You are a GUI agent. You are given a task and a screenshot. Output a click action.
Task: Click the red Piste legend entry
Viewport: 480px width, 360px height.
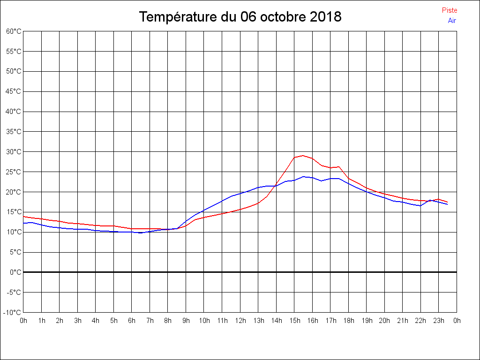[x=449, y=10]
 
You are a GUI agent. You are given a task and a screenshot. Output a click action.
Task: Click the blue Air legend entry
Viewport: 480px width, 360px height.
[x=452, y=20]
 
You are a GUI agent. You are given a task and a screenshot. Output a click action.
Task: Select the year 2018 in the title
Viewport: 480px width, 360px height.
[x=326, y=17]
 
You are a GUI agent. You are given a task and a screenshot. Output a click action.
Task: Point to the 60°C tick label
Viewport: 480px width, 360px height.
[x=14, y=31]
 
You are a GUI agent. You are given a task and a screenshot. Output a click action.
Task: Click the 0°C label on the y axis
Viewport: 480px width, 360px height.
[x=15, y=272]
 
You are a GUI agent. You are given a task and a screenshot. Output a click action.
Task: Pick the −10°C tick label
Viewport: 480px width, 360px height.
[x=13, y=312]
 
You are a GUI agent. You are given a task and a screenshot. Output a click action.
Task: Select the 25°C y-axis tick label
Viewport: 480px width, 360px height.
[x=14, y=172]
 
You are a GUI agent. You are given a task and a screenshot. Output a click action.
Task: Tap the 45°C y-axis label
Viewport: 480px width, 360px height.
[x=14, y=91]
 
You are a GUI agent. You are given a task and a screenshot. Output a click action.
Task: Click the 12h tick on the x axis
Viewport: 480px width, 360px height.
[x=240, y=321]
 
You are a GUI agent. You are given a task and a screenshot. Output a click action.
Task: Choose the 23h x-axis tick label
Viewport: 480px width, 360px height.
[x=439, y=321]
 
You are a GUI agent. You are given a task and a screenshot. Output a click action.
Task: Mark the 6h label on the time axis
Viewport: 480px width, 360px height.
[x=132, y=321]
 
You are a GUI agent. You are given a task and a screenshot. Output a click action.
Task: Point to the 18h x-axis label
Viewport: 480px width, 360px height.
[x=348, y=321]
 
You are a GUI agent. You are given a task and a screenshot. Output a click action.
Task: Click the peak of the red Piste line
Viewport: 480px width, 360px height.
[x=303, y=155]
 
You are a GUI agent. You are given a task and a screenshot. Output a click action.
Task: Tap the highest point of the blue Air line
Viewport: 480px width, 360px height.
[x=304, y=177]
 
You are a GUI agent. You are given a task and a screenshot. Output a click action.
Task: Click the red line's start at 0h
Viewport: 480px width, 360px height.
[x=23, y=217]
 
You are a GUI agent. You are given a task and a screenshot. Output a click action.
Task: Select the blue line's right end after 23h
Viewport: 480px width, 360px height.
[x=448, y=204]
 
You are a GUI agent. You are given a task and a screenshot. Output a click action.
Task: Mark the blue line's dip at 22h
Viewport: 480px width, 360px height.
[x=421, y=206]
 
